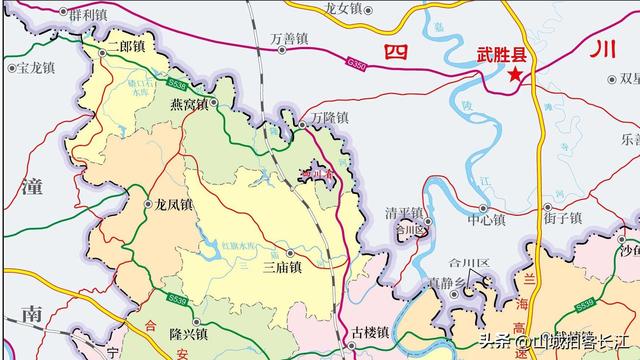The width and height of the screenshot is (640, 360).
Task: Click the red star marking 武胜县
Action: [x=515, y=75]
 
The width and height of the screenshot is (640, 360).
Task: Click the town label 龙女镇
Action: [x=343, y=8]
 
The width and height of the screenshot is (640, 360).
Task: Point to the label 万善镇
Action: [x=289, y=39]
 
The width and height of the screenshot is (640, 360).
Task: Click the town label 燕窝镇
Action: [x=188, y=103]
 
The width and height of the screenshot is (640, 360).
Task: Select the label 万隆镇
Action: [x=329, y=118]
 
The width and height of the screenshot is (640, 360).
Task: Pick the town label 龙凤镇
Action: [x=173, y=204]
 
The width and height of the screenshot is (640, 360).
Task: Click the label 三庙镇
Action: [x=282, y=268]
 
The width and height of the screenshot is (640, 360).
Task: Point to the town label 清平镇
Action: [x=404, y=213]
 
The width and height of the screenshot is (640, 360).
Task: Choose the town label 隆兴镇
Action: [x=188, y=334]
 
